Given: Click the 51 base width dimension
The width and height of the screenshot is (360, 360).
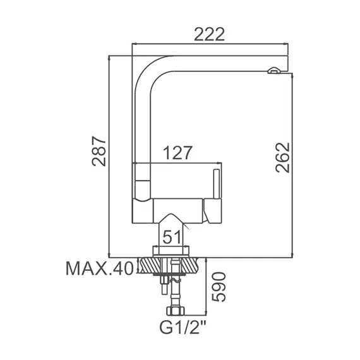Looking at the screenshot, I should [173, 236].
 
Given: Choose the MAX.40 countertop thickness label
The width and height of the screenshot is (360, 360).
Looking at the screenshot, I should [99, 269].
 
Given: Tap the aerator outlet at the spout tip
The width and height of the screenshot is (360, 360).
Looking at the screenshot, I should [274, 72].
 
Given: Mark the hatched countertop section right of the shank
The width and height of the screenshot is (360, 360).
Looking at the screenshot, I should [189, 266].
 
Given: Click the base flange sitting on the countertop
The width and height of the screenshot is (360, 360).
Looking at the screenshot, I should [171, 251].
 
